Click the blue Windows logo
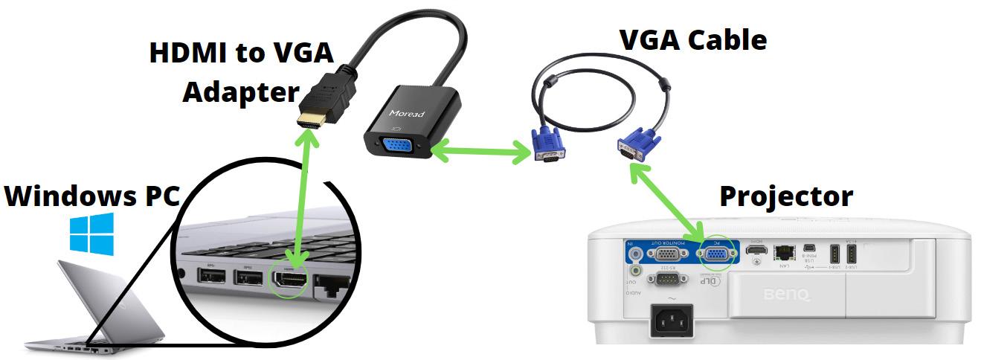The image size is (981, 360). click(x=92, y=232)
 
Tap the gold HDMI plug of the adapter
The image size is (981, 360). click(x=312, y=119)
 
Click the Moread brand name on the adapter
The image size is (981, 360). click(x=405, y=114)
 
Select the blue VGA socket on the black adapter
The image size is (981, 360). click(x=398, y=148)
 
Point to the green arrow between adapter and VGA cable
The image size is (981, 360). click(x=480, y=153)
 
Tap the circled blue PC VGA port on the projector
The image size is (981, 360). click(x=716, y=255)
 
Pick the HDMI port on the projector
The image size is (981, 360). click(x=756, y=254)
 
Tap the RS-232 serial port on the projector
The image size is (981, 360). click(x=661, y=280)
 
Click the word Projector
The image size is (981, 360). click(x=785, y=196)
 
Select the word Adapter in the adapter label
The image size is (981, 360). click(x=240, y=91)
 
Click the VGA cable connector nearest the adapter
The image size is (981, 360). click(x=547, y=145)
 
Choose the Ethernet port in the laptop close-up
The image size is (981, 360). click(x=332, y=283)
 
